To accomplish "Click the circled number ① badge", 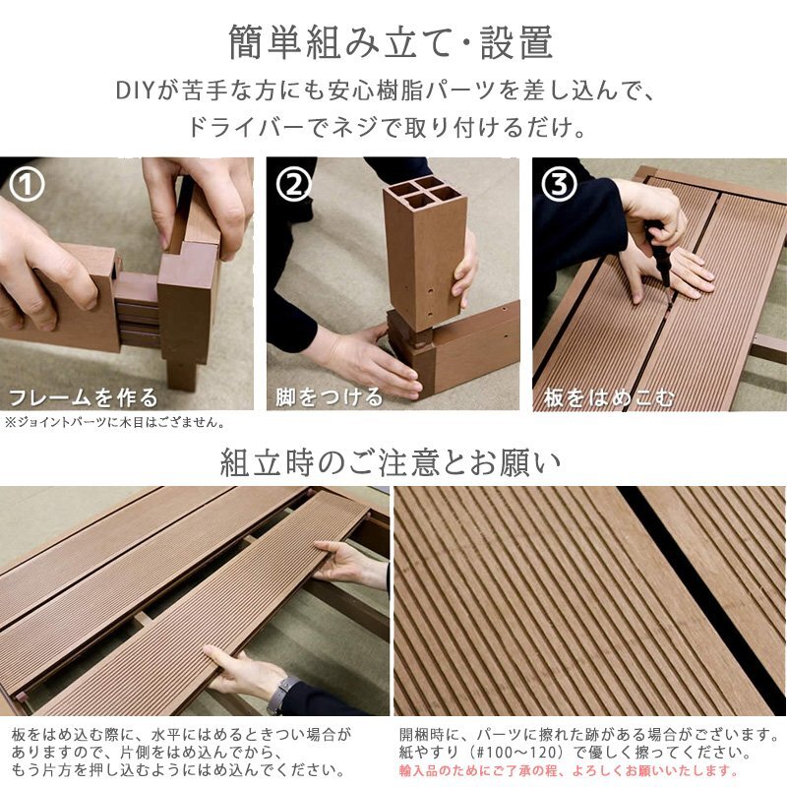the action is pos(27,184).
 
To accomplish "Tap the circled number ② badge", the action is pos(293,184).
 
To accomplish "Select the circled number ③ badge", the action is pos(559,184).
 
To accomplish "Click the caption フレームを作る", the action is pos(84,397).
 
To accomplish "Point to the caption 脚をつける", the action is pos(329,397).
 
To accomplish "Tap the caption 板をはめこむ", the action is pos(609,397).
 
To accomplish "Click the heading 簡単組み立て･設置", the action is pos(392,42).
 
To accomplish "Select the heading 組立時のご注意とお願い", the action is pos(391,462).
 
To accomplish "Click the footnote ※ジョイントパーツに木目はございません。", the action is pos(115,422).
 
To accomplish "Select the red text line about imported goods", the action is pos(570,770).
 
